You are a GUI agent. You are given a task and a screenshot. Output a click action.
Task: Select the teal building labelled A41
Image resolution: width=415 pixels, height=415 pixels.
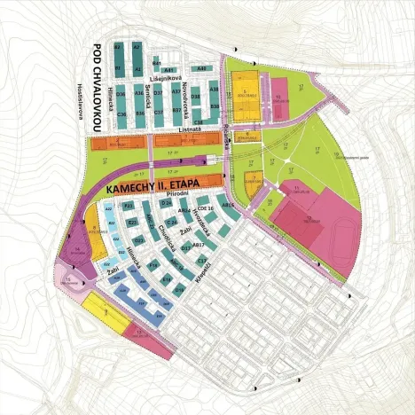pos(169,68)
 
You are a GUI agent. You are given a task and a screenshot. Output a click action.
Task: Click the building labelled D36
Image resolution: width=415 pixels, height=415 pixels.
pos(121,93)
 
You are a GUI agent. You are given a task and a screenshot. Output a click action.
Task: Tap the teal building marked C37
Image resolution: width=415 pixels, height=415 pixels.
pos(158,113)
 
